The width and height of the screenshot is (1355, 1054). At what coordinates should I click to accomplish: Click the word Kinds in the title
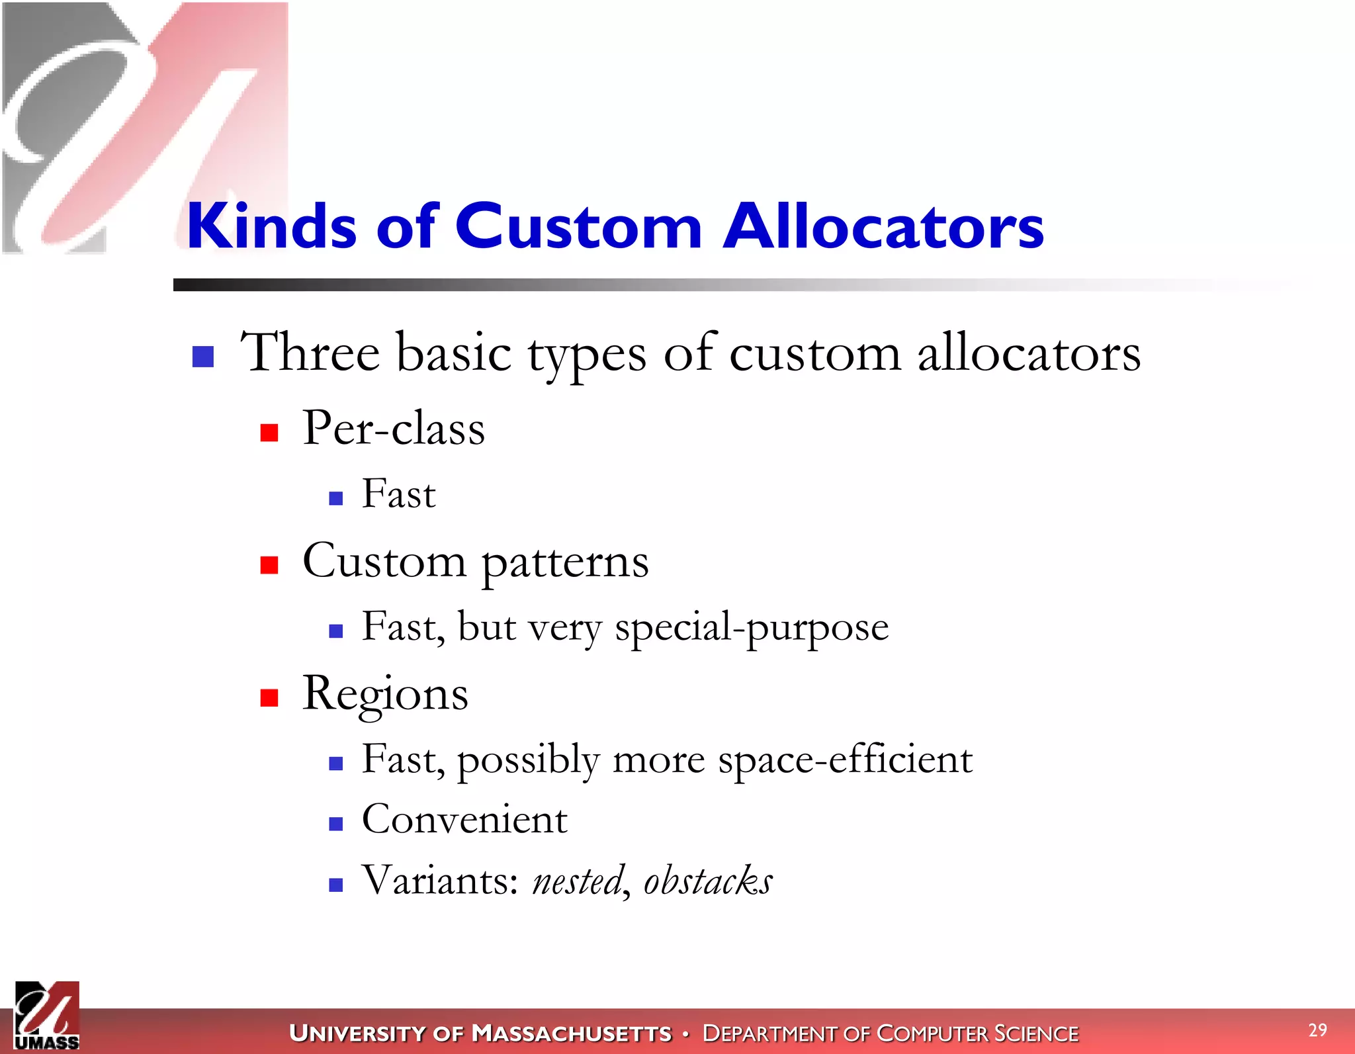pos(271,226)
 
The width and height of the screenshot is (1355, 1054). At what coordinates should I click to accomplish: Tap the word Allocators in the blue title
pos(883,226)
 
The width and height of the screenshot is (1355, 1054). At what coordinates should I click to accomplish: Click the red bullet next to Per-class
pos(269,433)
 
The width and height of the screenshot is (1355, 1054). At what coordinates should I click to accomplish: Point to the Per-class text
pos(394,428)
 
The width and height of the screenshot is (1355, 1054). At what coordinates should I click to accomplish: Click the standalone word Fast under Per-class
pos(398,494)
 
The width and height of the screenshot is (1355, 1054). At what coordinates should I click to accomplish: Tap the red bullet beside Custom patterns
pos(269,565)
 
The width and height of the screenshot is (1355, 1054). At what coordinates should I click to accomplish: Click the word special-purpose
pos(752,627)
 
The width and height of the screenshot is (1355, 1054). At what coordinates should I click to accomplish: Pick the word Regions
pos(385,695)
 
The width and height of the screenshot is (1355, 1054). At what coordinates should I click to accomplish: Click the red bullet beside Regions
pos(269,698)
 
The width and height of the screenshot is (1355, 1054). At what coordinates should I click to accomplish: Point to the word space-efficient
pos(845,760)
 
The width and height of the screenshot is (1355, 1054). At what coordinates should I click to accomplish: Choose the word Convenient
pos(464,820)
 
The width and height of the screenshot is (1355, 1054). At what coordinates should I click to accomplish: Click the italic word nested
pos(578,881)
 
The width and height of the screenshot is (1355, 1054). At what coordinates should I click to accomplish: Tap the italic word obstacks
pos(707,881)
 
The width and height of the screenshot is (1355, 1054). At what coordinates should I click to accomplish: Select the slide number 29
pos(1317,1030)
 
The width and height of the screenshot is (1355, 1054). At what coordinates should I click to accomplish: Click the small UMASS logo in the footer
pos(46,1016)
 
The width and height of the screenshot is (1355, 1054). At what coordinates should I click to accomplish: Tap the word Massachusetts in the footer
pos(572,1033)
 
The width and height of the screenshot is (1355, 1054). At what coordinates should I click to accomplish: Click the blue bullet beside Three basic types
pos(203,357)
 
